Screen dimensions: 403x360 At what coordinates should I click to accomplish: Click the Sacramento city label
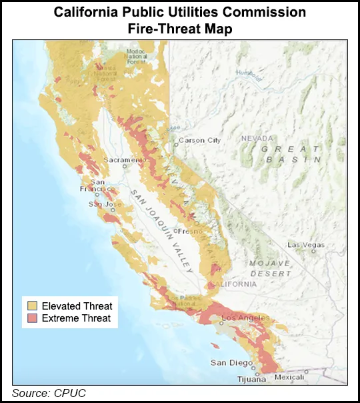point(123,161)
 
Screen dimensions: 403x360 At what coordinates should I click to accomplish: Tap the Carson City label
point(200,141)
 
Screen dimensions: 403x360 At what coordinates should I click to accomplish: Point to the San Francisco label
point(97,187)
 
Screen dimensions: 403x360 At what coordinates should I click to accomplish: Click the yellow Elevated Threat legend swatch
point(32,306)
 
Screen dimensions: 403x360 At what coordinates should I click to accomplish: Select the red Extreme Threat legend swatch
point(32,318)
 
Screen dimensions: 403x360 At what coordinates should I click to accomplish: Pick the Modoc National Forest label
point(137,55)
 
